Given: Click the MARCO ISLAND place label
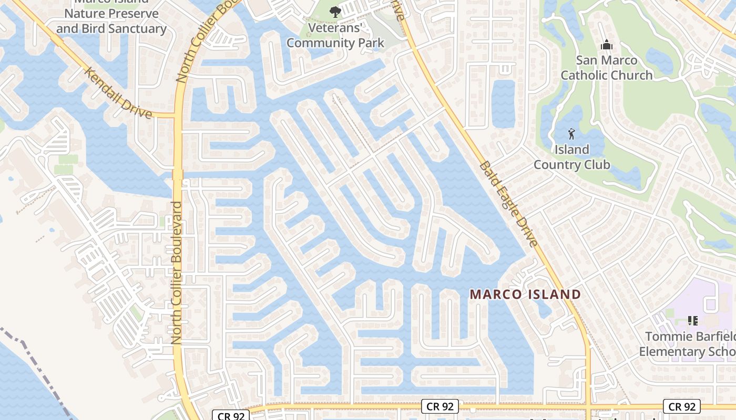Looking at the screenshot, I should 525,294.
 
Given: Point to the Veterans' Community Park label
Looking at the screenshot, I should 335,35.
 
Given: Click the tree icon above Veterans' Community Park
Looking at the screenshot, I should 335,12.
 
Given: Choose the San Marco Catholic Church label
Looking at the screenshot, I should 606,68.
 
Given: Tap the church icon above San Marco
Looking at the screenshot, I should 606,45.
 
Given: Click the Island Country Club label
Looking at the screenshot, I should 572,157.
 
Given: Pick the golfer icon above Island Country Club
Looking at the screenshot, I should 572,134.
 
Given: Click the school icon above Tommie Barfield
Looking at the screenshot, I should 692,320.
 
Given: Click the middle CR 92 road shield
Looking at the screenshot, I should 440,406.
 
